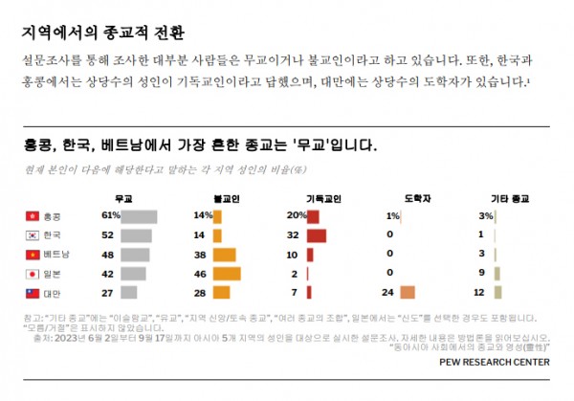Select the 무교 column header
pos(123,198)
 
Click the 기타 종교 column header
pos(509,198)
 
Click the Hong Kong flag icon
pos(32,216)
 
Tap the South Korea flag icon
pos(32,235)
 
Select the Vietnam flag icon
pos(32,255)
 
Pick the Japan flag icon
pos(32,273)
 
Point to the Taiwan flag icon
pos(32,292)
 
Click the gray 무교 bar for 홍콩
pos(139,216)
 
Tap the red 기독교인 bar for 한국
pos(317,235)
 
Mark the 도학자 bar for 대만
pos(408,292)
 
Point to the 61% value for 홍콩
pos(109,216)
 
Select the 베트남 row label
pos(58,255)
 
